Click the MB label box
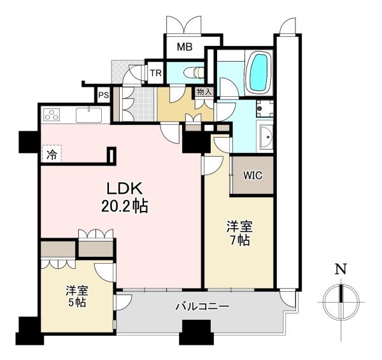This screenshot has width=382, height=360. tap(185, 47)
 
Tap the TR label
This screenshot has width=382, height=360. tap(155, 73)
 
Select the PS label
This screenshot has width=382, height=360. tap(103, 96)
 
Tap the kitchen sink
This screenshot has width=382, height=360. tap(88, 116)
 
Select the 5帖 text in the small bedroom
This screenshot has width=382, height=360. tap(75, 302)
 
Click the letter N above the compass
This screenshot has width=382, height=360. tap(341, 270)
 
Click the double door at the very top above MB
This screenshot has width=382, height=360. tap(184, 24)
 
